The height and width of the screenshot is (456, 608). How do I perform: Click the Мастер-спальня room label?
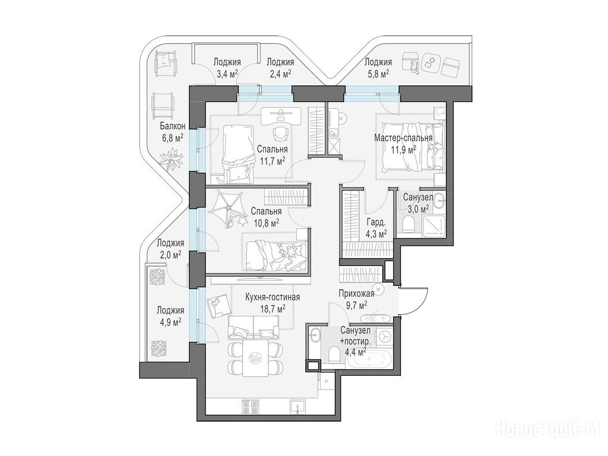[x=403, y=138]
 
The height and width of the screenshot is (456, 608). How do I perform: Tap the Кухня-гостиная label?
[x=273, y=297]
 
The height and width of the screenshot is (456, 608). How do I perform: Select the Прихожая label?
[x=356, y=293]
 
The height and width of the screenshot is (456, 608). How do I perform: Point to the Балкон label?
[x=173, y=126]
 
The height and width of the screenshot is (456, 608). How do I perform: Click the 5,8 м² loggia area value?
[x=378, y=73]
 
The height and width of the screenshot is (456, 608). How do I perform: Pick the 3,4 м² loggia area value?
[x=227, y=73]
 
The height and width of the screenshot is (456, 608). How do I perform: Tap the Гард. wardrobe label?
[x=376, y=223]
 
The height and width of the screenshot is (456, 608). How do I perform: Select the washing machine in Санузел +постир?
[x=384, y=337]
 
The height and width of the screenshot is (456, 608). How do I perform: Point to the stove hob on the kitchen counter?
[x=251, y=406]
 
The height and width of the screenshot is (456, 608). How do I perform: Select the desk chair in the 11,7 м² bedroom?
[x=280, y=134]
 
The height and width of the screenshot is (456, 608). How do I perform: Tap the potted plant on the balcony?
[x=170, y=159]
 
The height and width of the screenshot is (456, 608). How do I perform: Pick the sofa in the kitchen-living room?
[x=254, y=327]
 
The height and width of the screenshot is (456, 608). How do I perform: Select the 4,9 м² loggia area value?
[x=170, y=322]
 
